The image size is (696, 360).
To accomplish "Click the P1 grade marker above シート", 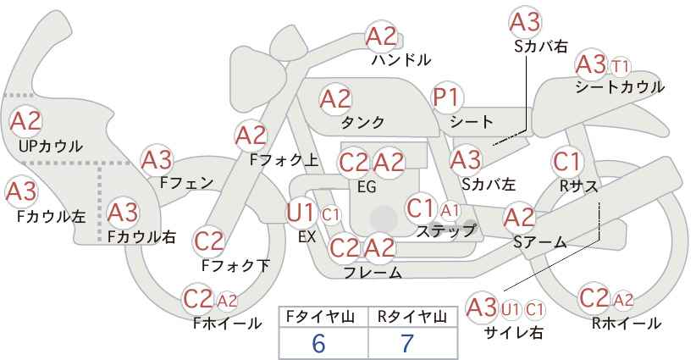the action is (x=448, y=97).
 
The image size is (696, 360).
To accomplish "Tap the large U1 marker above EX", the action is (x=301, y=213).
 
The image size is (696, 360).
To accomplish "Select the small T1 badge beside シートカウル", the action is (x=621, y=67).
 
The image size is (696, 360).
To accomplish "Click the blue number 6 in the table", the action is (x=318, y=343).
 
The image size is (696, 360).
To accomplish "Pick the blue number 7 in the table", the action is (x=407, y=343).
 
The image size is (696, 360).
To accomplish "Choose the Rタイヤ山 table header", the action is (x=412, y=317).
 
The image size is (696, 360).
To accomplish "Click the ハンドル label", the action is (x=401, y=60).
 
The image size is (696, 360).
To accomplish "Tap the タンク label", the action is (x=363, y=122).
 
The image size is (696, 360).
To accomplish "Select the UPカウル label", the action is (x=51, y=146).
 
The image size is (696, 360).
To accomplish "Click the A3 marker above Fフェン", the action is (x=157, y=160).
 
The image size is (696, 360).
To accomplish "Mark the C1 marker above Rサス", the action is (x=566, y=162).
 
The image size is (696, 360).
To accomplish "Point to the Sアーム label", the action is (x=540, y=242).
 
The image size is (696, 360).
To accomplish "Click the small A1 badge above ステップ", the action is (x=450, y=211).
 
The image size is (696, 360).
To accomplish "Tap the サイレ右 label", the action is (x=515, y=333).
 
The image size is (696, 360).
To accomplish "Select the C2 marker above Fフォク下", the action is (x=209, y=242).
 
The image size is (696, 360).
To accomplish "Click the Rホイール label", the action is (x=627, y=324).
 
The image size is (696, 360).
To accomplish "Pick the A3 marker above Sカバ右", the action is (x=525, y=23).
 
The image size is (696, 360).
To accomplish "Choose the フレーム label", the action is (x=373, y=272).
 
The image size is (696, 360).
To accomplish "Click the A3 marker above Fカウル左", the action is (x=21, y=192).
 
